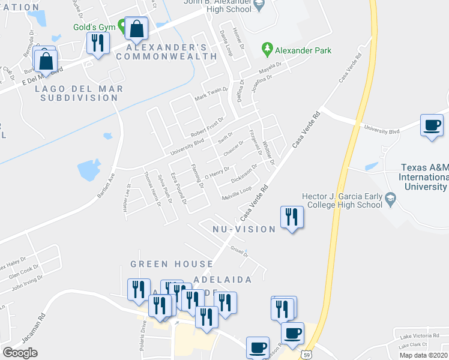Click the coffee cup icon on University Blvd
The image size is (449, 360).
click(432, 125)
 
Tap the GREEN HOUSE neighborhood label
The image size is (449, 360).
click(172, 264)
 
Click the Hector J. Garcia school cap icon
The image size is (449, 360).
click(391, 197)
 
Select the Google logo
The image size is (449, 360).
click(20, 353)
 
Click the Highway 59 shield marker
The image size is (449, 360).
click(306, 354)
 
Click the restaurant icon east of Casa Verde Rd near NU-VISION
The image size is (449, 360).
click(292, 217)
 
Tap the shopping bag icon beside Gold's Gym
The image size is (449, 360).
click(137, 28)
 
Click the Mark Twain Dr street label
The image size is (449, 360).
click(211, 95)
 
